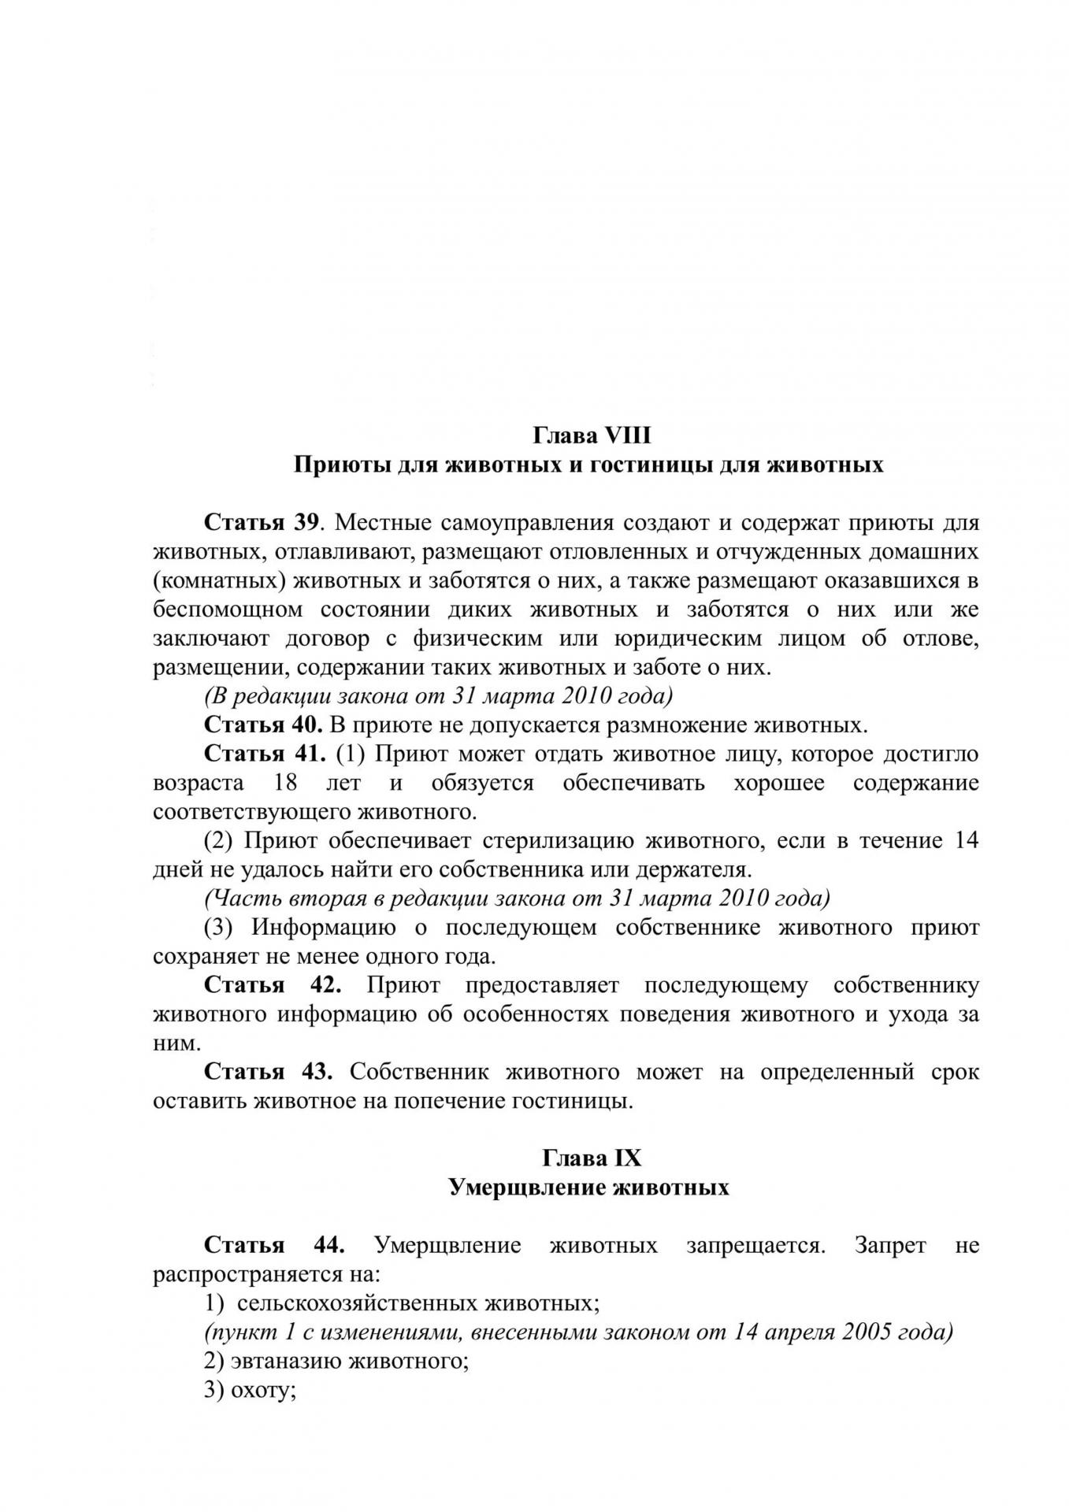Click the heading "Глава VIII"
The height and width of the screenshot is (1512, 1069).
tap(592, 435)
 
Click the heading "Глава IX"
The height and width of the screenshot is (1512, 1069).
tap(592, 1158)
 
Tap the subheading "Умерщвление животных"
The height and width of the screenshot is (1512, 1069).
tap(588, 1187)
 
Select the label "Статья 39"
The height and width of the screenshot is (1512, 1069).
tap(261, 522)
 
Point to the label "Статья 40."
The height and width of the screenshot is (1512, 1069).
tap(263, 724)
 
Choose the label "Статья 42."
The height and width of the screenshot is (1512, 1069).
tap(273, 985)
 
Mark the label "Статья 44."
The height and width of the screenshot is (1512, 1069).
tap(274, 1245)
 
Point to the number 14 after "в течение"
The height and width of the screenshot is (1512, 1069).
tap(966, 840)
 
